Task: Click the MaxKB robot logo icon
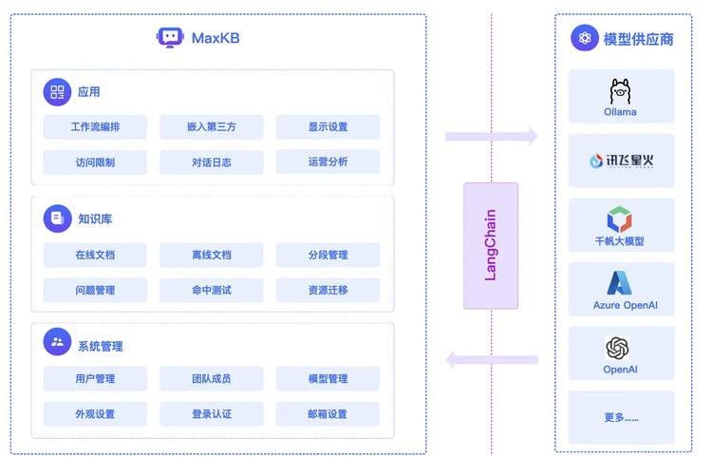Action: tap(169, 38)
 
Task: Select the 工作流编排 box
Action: tap(95, 127)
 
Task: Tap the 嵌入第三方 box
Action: tap(211, 127)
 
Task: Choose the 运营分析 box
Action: tap(328, 161)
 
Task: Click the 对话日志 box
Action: tap(211, 161)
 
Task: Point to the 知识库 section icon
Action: tap(57, 218)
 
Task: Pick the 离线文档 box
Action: tap(211, 255)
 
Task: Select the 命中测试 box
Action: tap(211, 290)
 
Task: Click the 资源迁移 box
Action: tap(328, 290)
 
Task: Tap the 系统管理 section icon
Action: tap(57, 342)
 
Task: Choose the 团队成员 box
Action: tap(211, 379)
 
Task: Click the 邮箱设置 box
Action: tap(328, 414)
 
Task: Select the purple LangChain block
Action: tap(491, 245)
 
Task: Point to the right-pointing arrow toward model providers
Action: tap(491, 137)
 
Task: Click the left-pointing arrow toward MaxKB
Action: tap(491, 359)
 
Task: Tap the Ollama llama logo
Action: tap(620, 91)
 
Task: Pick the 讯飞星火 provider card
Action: tap(621, 161)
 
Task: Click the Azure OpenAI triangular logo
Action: tap(620, 283)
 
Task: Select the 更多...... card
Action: tap(621, 417)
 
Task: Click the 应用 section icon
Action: tap(57, 92)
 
